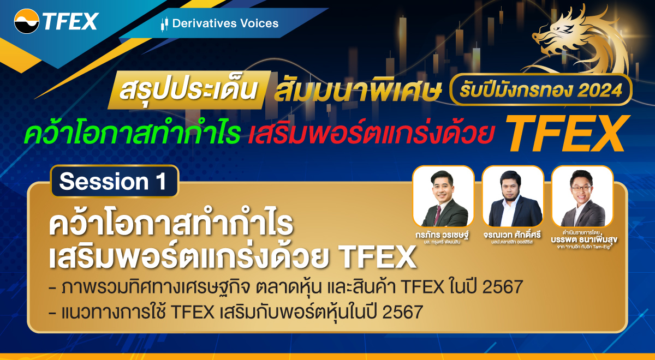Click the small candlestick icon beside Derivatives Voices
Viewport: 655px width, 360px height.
[164, 23]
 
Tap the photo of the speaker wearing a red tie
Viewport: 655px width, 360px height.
[443, 196]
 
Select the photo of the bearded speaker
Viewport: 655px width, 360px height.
[513, 196]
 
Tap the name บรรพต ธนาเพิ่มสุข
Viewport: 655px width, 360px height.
[582, 239]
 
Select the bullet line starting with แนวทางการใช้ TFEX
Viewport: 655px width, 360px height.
[235, 313]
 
